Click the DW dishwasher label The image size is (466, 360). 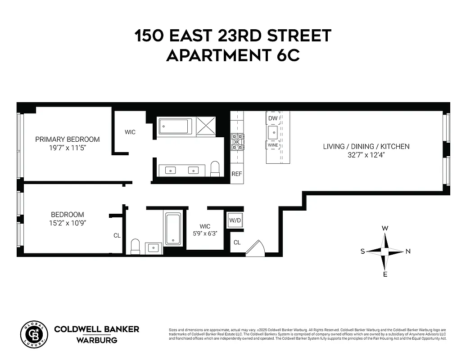click(x=273, y=118)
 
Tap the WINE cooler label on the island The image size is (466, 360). click(x=273, y=145)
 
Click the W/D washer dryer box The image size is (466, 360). click(x=235, y=220)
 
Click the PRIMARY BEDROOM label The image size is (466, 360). click(x=68, y=139)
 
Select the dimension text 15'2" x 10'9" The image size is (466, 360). click(x=68, y=223)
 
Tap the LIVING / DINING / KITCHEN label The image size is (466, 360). click(x=366, y=146)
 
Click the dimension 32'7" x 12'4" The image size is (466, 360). click(x=366, y=155)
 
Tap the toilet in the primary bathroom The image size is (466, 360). click(x=215, y=168)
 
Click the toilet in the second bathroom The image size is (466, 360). click(x=135, y=246)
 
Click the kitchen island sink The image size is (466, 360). click(x=273, y=132)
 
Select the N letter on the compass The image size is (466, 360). click(x=408, y=252)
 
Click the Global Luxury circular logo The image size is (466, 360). click(x=34, y=335)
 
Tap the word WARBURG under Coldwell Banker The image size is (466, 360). click(x=96, y=340)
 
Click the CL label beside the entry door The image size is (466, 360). click(x=237, y=243)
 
